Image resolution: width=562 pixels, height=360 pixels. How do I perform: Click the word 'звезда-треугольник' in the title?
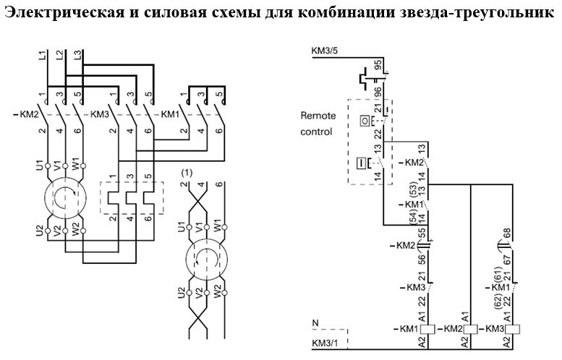(473, 14)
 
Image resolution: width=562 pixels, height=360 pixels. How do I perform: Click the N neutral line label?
(314, 322)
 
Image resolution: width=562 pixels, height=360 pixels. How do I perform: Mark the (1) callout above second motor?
(187, 173)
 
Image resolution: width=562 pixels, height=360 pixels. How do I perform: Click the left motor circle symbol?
(64, 197)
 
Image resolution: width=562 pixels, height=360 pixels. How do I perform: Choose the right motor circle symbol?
(203, 259)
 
